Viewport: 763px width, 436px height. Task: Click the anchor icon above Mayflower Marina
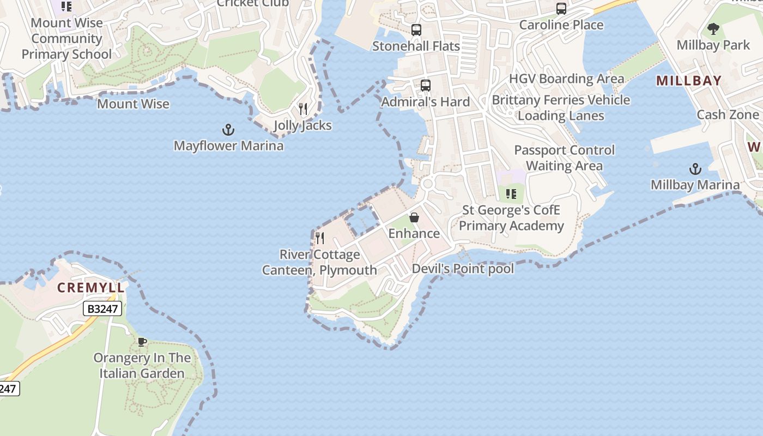(x=228, y=130)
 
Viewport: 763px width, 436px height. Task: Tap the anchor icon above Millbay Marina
(x=695, y=169)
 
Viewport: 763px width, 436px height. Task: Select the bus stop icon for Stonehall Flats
(x=416, y=30)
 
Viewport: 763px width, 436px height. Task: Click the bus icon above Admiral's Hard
(x=426, y=86)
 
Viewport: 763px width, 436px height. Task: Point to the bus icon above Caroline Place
(x=561, y=9)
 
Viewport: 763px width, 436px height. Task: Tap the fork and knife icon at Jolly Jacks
(x=303, y=109)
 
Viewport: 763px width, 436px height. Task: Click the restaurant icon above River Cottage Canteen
(x=320, y=238)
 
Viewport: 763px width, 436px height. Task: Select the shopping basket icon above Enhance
(x=414, y=217)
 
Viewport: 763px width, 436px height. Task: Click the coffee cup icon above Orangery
(x=142, y=342)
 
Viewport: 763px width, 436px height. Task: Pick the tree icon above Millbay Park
(x=713, y=29)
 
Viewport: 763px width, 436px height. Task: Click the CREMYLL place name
(x=91, y=288)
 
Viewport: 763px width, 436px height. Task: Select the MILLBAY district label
(x=689, y=81)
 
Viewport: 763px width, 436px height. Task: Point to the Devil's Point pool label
(x=463, y=269)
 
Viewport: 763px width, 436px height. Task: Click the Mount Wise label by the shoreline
(x=133, y=104)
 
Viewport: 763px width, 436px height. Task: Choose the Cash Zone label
(x=728, y=114)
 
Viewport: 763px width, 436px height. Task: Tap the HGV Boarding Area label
(x=566, y=78)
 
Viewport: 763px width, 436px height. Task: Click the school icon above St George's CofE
(x=511, y=194)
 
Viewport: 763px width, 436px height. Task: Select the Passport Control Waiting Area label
(x=564, y=158)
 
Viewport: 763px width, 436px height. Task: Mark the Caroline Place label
(x=561, y=25)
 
